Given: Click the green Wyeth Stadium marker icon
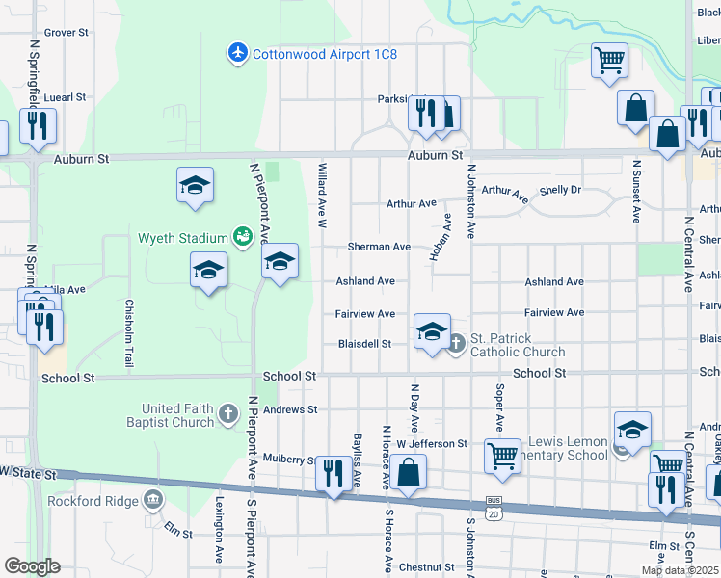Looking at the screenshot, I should (243, 236).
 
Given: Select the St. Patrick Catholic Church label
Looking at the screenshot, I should (517, 345).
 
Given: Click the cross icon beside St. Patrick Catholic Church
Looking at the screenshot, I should (459, 340).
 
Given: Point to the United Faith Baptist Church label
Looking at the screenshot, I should (172, 415).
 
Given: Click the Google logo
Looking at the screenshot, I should (32, 566).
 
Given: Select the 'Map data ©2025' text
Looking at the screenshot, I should (681, 570).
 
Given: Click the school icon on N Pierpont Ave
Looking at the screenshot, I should (280, 261).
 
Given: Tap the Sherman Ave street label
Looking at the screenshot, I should (379, 247).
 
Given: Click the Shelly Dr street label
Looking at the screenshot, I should (560, 190).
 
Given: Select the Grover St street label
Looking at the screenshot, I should (67, 33).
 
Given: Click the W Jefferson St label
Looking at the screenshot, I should (431, 444).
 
